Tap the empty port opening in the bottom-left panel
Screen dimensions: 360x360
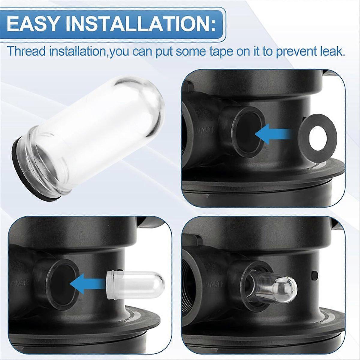[x=61, y=282]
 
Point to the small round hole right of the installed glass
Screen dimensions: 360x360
[x=315, y=274]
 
